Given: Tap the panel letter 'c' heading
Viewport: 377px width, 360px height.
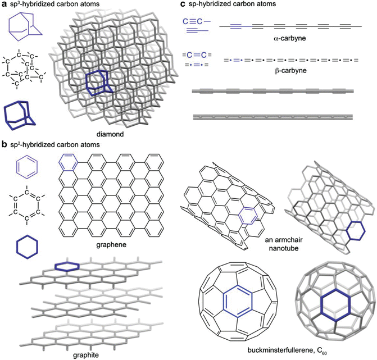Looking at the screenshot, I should [x=183, y=5].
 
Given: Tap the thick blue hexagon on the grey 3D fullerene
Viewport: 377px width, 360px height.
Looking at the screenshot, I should [x=325, y=306].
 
